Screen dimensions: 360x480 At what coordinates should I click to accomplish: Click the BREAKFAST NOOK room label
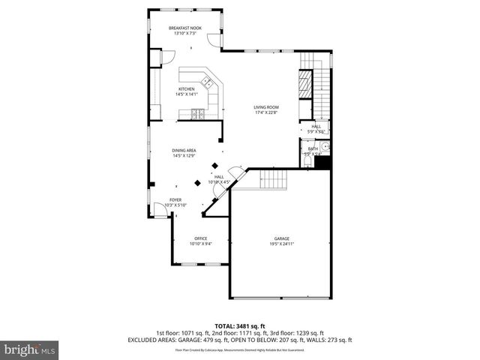tap(184, 28)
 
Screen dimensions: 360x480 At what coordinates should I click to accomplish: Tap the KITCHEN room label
tap(186, 88)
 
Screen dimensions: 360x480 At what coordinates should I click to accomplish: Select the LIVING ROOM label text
tap(265, 107)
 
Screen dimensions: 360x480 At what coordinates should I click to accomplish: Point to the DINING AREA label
tap(184, 151)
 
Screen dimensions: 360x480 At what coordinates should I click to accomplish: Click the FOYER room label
tap(175, 199)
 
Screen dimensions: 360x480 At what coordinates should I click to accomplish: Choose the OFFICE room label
tap(200, 238)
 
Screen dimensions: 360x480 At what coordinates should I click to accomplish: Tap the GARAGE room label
tap(281, 238)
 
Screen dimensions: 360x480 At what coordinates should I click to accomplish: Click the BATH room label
tap(312, 148)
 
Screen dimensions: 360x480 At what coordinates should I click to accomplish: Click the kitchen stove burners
tap(197, 115)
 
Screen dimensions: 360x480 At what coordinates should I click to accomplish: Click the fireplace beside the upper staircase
tap(305, 82)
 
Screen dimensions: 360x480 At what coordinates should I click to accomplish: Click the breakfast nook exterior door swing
tap(216, 42)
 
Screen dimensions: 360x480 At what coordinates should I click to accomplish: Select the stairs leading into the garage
tap(274, 179)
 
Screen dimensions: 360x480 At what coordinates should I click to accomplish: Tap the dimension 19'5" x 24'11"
tap(281, 244)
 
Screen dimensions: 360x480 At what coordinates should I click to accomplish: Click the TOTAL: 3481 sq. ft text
tap(239, 326)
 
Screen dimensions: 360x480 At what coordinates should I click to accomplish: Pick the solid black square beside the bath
tap(323, 161)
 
